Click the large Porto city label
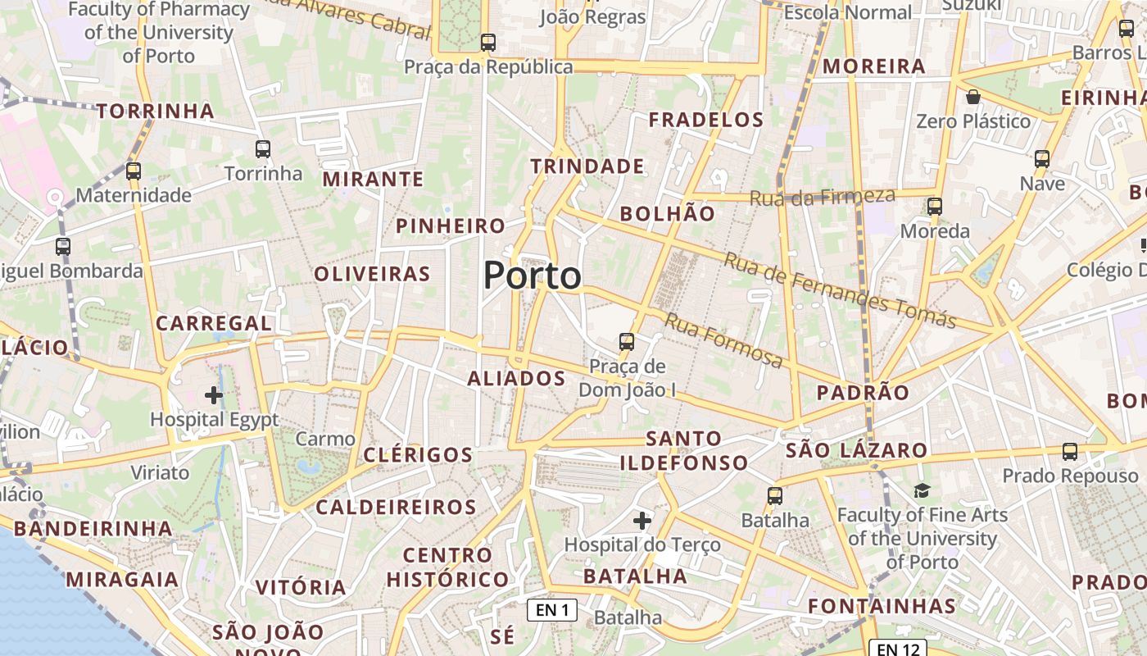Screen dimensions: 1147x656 [533, 276]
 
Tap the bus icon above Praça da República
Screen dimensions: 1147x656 [488, 43]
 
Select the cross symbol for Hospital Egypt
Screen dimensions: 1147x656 [214, 395]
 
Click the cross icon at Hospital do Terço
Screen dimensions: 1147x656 [642, 520]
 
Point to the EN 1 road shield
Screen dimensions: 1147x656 [552, 609]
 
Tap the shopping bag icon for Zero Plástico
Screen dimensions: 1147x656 [973, 98]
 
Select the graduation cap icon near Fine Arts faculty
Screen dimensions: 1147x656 [923, 490]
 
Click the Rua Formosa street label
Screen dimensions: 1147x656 [723, 339]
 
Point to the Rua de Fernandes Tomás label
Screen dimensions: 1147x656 [840, 289]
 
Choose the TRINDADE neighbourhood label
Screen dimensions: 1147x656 [587, 166]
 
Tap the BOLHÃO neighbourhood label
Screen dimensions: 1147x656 [667, 214]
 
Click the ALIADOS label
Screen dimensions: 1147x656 [516, 378]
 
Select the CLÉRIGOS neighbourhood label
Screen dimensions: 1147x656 [418, 454]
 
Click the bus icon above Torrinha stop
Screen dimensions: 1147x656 [263, 149]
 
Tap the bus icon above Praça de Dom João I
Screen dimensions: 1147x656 [627, 341]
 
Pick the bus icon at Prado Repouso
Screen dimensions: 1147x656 [1070, 452]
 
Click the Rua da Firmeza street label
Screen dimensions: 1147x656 [822, 197]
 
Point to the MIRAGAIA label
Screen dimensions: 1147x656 [122, 580]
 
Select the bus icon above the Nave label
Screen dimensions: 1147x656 [1042, 159]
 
